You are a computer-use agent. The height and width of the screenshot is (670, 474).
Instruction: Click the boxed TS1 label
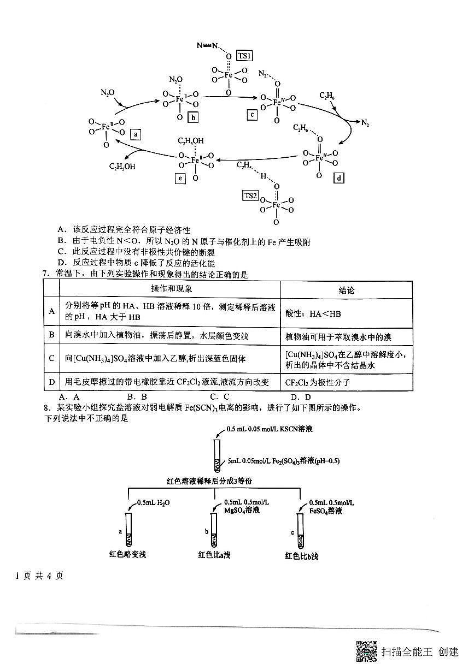tap(244, 56)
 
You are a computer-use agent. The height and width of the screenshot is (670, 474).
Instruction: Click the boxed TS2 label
tap(250, 195)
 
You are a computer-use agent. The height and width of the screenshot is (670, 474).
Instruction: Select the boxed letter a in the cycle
tap(136, 133)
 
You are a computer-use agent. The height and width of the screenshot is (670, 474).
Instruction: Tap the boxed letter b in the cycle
tap(192, 117)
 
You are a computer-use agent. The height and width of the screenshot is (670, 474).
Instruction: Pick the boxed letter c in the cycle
tap(251, 115)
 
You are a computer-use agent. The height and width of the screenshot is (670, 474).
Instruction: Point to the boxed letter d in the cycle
tap(340, 177)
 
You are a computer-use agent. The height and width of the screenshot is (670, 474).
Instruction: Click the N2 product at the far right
tap(365, 123)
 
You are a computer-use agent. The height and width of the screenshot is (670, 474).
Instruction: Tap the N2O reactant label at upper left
tap(107, 93)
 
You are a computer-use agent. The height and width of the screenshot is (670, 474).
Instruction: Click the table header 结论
tap(346, 290)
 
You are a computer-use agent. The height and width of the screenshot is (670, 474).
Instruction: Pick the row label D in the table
tap(51, 382)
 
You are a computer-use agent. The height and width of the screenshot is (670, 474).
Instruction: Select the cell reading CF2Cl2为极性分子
tap(317, 382)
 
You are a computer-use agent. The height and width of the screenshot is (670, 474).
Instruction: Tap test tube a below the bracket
tap(129, 530)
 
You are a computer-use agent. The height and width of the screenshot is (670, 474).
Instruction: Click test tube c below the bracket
tap(301, 530)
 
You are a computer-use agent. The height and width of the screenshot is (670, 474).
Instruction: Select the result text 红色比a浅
tap(214, 555)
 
